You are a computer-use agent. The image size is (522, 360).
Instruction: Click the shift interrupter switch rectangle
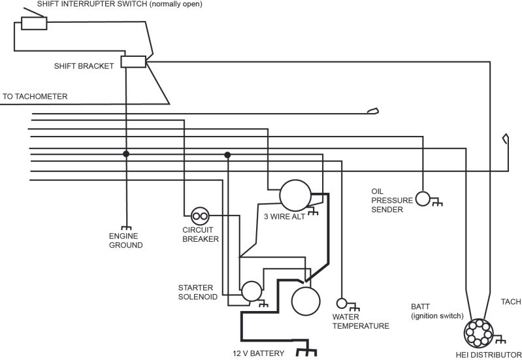point(34,24)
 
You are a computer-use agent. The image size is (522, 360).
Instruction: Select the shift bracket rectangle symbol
point(133,62)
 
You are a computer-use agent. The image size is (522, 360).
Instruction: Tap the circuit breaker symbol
point(200,216)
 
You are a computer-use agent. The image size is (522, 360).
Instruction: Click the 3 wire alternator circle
point(295,195)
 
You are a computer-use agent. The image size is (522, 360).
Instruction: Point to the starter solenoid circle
point(250,291)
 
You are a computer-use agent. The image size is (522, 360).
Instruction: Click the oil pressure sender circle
point(423,199)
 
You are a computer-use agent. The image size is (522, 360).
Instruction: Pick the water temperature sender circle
point(341,303)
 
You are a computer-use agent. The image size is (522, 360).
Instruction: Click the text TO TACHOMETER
point(35,97)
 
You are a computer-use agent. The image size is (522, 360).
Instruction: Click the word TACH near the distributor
point(510,302)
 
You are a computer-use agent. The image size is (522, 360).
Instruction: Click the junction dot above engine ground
point(126,154)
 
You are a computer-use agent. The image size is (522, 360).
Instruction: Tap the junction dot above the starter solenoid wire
point(227,155)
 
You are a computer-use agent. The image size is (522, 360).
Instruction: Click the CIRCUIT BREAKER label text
point(200,235)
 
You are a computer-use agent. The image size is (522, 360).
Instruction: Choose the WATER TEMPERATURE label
point(361,321)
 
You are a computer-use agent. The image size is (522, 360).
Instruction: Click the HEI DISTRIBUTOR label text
point(487,355)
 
